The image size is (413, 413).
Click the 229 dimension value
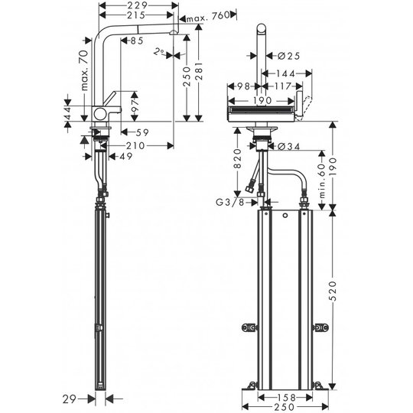(137, 5)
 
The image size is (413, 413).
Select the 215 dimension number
(136, 15)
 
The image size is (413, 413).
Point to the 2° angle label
(159, 52)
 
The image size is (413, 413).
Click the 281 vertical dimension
(199, 71)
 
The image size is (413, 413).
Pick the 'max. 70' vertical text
(84, 70)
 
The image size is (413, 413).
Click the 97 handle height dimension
(135, 106)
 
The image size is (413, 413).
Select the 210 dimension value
(135, 145)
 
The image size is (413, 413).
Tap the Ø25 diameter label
(289, 56)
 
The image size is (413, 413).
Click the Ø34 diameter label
(289, 146)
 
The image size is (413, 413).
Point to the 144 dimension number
(286, 74)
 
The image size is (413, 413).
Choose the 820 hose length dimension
(238, 158)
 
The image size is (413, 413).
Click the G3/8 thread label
(230, 203)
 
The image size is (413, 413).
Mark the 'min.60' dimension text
(323, 180)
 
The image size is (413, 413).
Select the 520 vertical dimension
(333, 291)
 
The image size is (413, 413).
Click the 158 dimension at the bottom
(286, 398)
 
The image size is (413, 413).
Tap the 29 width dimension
(70, 399)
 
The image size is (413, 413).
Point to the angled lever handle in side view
(109, 99)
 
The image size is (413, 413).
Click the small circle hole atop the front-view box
(285, 216)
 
